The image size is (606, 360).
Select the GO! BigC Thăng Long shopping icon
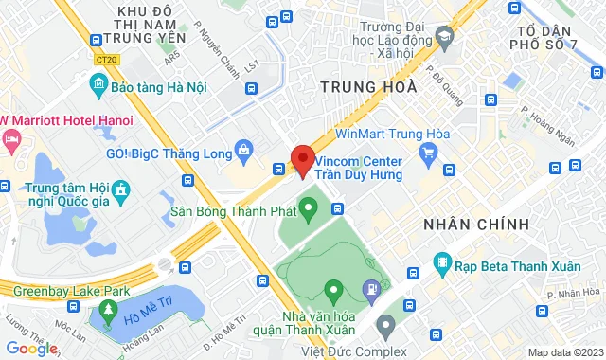244,149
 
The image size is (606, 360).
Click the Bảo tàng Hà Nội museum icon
98,86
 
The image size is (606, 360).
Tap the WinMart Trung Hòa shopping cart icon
428,151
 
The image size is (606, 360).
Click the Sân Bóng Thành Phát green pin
309,206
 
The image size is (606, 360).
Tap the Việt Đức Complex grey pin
384,327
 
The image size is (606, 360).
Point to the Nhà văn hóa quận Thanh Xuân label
318,322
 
